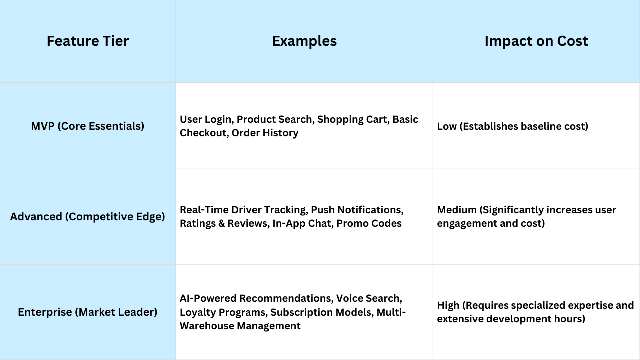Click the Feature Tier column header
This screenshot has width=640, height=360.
point(88,41)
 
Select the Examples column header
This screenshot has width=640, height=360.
point(304,41)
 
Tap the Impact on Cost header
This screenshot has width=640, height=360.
point(536,41)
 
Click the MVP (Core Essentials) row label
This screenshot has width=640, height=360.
point(88,126)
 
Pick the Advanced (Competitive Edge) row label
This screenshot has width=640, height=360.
point(88,217)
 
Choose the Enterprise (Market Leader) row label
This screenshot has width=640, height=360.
point(88,312)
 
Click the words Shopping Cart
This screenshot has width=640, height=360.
point(352,119)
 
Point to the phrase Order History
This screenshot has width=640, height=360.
point(265,133)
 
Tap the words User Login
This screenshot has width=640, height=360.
point(205,119)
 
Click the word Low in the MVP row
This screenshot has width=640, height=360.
point(447,126)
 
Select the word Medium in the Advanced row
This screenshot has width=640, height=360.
point(457,210)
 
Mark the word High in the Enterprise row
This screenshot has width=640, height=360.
point(448,305)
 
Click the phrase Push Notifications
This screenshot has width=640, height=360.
point(356,210)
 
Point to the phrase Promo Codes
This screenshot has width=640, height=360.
point(369,223)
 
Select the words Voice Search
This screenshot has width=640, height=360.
point(368,298)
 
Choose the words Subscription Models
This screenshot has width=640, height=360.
point(321,312)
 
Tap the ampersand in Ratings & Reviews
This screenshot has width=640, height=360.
point(221,223)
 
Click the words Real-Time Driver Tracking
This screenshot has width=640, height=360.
point(243,210)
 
